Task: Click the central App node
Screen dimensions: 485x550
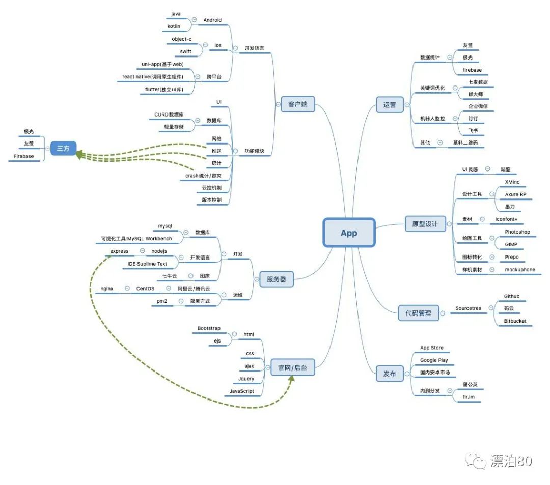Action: click(x=349, y=233)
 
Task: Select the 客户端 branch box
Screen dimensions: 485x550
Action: click(x=298, y=105)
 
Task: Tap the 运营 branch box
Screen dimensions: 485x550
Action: click(x=390, y=105)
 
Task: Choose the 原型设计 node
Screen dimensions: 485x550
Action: click(x=425, y=224)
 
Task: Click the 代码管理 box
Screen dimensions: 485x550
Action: click(x=418, y=313)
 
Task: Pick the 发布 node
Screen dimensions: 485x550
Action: click(x=390, y=373)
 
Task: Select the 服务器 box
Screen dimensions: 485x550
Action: click(x=277, y=279)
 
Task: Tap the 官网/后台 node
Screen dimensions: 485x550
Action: click(x=292, y=367)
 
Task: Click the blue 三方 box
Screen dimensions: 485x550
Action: click(x=63, y=148)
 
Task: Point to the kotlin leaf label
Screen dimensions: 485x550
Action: click(x=174, y=26)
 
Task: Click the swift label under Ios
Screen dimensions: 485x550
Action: click(x=186, y=51)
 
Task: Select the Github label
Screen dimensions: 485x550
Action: click(x=512, y=296)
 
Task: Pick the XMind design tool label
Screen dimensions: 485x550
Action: click(x=512, y=182)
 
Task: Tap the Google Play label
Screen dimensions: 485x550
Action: click(x=434, y=360)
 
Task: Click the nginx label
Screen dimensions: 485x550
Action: click(x=107, y=289)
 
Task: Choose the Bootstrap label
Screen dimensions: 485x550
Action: click(x=209, y=328)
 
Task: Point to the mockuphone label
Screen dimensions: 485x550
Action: click(x=520, y=269)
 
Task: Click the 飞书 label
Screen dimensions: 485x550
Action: click(x=473, y=131)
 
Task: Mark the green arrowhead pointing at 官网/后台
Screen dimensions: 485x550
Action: click(x=292, y=379)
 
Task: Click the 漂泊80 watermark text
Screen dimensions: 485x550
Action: click(x=511, y=461)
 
